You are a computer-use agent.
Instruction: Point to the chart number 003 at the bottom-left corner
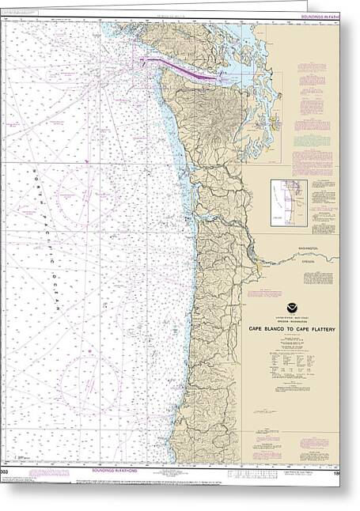pyautogui.click(x=5, y=471)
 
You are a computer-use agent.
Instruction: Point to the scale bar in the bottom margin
pyautogui.click(x=237, y=472)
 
